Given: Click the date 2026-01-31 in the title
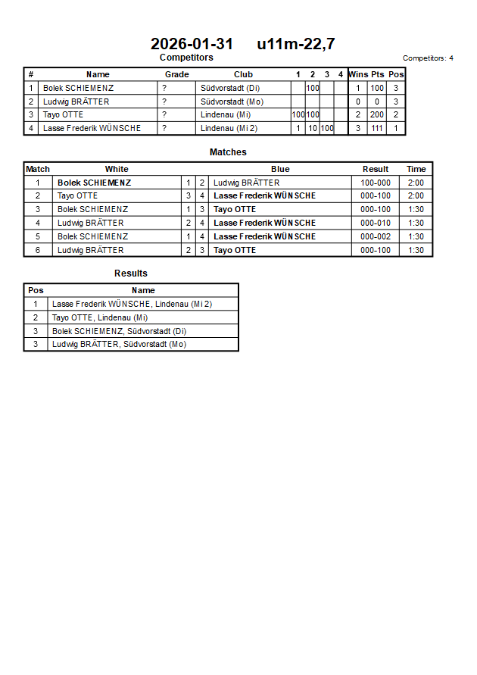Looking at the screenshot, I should pos(192,44).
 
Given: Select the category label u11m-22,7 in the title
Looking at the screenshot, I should pos(296,44).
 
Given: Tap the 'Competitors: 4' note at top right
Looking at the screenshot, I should pos(428,58).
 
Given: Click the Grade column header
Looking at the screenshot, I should pos(177,74).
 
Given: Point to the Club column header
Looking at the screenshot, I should pos(243,74).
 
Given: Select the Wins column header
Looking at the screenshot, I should pos(358,74).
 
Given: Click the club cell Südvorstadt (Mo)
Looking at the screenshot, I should pos(232,102).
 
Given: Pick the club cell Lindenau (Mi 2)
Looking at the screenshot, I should pos(229,129).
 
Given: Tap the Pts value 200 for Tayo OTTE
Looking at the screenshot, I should pos(377,115).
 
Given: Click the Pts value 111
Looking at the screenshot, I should pos(377,129).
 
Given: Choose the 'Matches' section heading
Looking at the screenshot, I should pos(228,152).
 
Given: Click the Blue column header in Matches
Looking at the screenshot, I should pos(280,169).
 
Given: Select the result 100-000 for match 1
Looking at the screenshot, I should pos(376,183).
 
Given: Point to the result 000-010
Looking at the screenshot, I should pos(376,223).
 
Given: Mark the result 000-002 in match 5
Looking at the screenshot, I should pos(376,236).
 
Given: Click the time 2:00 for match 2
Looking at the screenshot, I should pos(416,196).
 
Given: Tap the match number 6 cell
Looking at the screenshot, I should pos(38,250).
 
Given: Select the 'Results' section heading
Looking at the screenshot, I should pos(131,273).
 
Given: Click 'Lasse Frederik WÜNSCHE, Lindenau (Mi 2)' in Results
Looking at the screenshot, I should pos(132,304).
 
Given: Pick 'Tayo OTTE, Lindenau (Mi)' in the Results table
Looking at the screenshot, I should pos(100,317).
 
